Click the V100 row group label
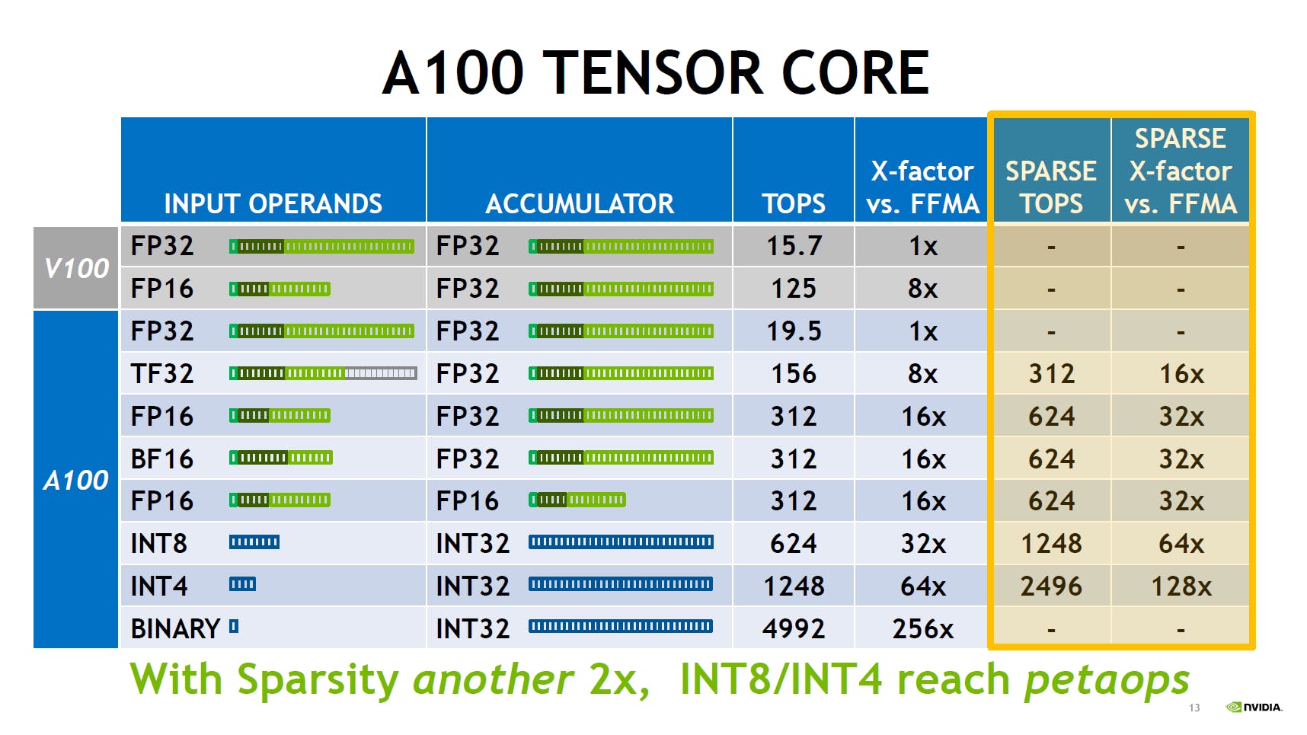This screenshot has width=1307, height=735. click(x=76, y=267)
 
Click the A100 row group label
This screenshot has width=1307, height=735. click(x=76, y=480)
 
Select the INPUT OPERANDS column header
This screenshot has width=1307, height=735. click(x=273, y=203)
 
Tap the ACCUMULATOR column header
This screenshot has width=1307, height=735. click(x=580, y=203)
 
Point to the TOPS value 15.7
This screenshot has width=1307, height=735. click(x=794, y=246)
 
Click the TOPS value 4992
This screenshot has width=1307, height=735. click(x=794, y=628)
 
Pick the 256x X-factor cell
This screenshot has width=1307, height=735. click(x=923, y=628)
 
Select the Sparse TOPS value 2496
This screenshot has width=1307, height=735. click(x=1051, y=586)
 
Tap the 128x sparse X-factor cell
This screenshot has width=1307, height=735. click(x=1181, y=586)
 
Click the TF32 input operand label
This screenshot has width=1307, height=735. click(x=162, y=373)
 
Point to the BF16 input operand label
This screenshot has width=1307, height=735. click(x=162, y=459)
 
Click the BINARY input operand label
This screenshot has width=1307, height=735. click(x=176, y=628)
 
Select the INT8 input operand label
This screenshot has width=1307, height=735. click(x=159, y=543)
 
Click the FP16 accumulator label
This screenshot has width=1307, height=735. click(x=468, y=500)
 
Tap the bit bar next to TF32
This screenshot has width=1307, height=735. click(x=323, y=373)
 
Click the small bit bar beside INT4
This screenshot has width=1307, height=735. click(x=242, y=584)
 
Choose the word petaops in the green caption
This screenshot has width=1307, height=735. click(x=1107, y=680)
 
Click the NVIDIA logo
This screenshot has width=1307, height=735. click(x=1254, y=707)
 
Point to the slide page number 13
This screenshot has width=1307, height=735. click(x=1194, y=708)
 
